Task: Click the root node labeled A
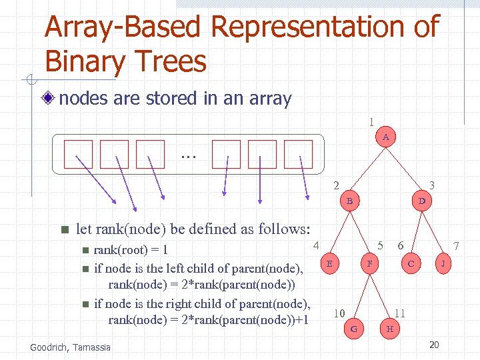point(386,137)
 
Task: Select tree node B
point(349,200)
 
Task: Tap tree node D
point(421,200)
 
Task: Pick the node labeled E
point(329,263)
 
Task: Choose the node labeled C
point(411,263)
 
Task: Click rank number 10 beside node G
point(339,313)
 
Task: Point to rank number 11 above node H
point(400,313)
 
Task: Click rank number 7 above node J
point(456,246)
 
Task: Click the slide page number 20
point(434,345)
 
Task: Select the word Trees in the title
point(167,61)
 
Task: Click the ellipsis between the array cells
point(188,155)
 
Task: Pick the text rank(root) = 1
point(131,251)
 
